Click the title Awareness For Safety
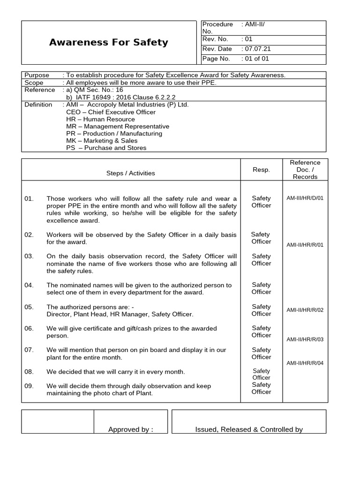click(108, 43)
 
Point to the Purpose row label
click(37, 75)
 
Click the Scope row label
click(34, 82)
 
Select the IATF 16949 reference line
click(121, 97)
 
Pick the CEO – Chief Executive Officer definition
click(111, 112)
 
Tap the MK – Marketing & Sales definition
click(102, 141)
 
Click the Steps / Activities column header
click(130, 173)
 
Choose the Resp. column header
click(261, 170)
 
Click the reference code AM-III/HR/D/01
click(305, 198)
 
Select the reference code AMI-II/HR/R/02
click(305, 310)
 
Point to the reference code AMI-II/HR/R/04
click(305, 363)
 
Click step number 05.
click(29, 307)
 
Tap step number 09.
click(29, 386)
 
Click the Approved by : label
click(131, 429)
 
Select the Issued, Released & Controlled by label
click(249, 429)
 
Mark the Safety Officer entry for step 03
click(261, 260)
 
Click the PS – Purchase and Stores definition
click(106, 148)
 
